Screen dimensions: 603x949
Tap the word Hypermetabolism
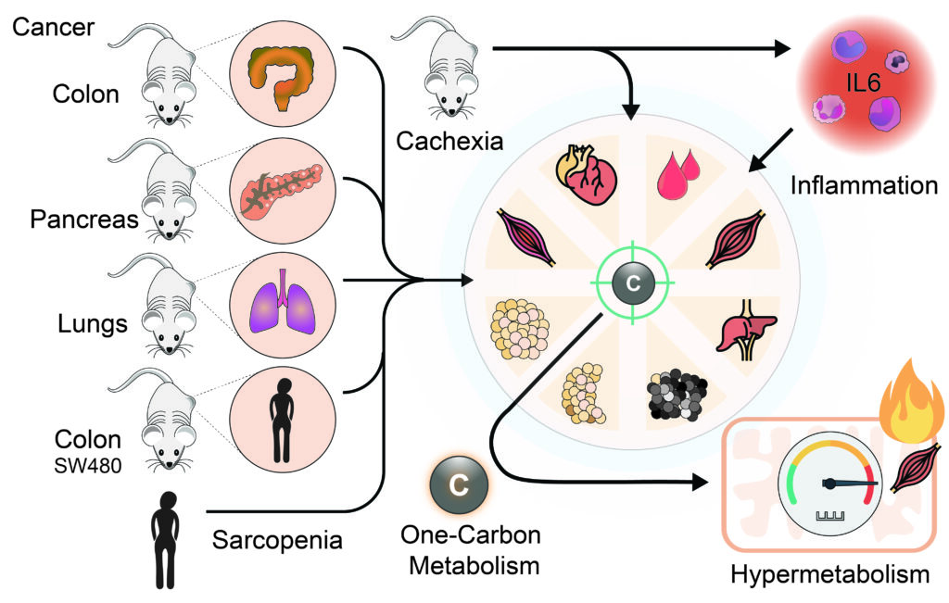(829, 575)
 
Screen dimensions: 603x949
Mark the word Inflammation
(864, 185)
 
